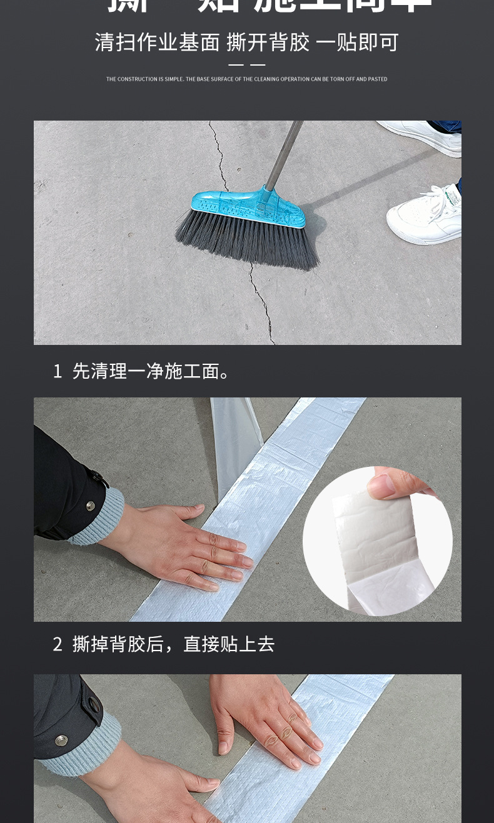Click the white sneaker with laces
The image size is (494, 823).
(425, 216)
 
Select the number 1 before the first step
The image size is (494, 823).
(58, 371)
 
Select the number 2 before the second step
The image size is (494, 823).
(58, 644)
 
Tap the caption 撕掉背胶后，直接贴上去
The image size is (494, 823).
(173, 644)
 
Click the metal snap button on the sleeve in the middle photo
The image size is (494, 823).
(90, 506)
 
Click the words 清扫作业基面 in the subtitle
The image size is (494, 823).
(157, 42)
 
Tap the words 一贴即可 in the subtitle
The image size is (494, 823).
(357, 42)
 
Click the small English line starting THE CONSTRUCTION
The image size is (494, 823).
(246, 79)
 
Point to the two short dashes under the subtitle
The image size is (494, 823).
(246, 65)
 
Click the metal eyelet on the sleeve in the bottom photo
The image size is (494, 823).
(94, 705)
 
